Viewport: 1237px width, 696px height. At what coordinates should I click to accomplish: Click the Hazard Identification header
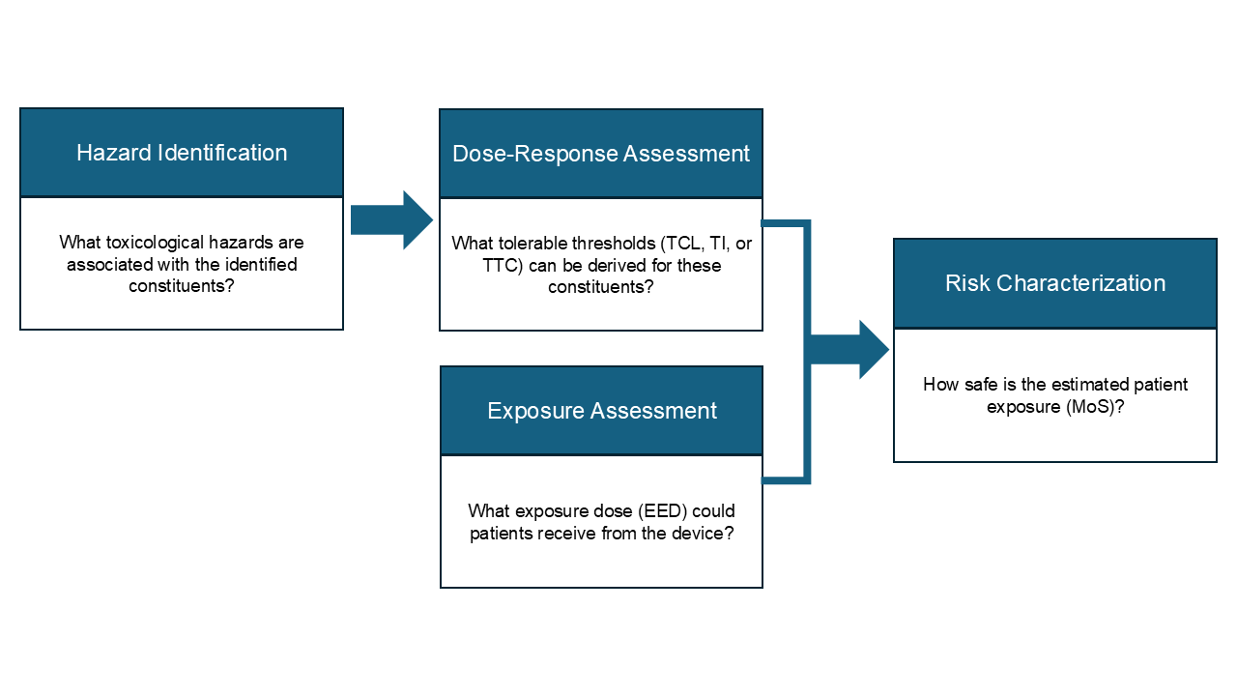coord(182,153)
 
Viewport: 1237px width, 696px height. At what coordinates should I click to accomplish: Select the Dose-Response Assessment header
coord(601,154)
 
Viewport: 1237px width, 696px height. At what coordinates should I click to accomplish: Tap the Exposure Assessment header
coord(601,411)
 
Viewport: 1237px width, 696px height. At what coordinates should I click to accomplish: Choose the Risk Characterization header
coord(1054,283)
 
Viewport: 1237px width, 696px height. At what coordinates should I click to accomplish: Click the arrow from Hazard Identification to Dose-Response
coord(390,220)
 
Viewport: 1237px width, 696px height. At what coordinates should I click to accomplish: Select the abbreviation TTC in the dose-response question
coord(502,265)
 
